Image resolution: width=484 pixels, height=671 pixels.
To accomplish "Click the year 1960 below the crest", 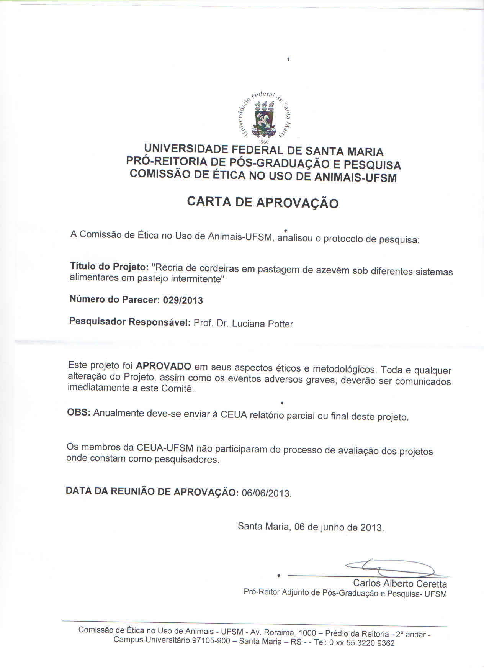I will (264, 142).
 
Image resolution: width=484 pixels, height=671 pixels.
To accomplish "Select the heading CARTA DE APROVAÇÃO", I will (263, 202).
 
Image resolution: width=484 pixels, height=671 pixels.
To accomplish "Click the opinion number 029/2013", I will (183, 301).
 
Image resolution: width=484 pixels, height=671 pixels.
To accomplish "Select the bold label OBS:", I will (79, 413).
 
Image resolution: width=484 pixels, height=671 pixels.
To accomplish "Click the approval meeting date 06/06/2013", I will (267, 493).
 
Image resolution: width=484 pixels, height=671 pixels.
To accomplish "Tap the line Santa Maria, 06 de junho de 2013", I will (311, 527).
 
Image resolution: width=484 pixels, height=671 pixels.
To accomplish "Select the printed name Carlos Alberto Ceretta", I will (400, 584).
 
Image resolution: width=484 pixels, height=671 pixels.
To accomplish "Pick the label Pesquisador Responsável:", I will (130, 322).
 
